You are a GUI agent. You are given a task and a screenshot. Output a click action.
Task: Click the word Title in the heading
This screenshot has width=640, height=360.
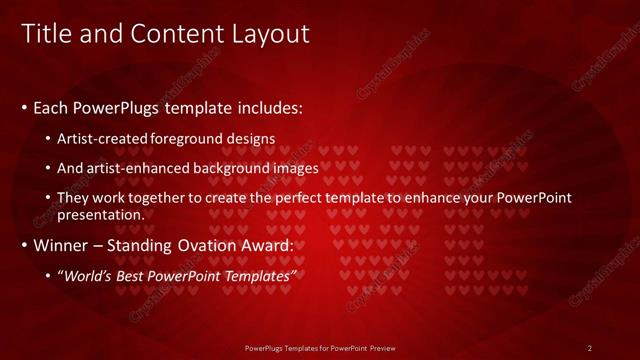point(45,33)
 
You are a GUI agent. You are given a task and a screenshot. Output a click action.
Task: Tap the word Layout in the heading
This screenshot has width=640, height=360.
point(271,33)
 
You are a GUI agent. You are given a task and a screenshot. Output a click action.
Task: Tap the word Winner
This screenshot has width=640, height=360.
point(63,245)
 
